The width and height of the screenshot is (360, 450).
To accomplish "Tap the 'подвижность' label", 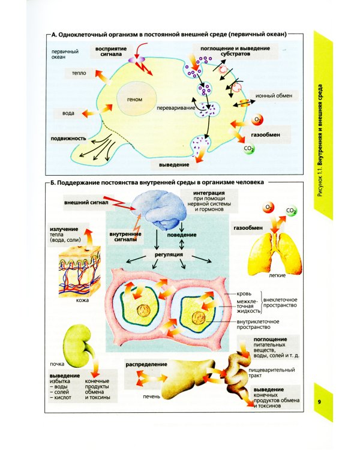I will point(68,137).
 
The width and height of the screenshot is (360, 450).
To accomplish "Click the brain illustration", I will point(161,212).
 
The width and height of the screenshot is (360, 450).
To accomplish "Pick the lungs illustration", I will point(277,251).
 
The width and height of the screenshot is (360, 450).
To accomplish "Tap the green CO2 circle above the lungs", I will point(291,211).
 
